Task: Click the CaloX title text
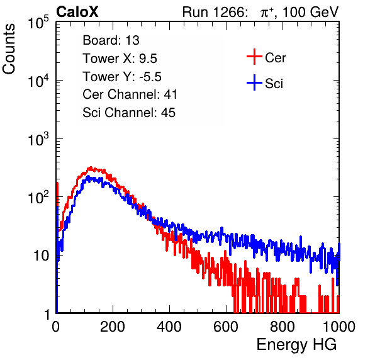(77, 12)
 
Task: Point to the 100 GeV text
(311, 12)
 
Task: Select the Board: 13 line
(111, 40)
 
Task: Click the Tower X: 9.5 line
(120, 59)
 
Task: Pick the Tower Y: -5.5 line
(122, 77)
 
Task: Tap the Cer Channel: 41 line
(130, 94)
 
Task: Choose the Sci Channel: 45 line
(129, 113)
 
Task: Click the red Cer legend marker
(254, 57)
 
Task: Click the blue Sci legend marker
(254, 83)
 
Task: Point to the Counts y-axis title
(9, 49)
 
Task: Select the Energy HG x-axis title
(296, 345)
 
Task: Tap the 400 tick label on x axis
(169, 327)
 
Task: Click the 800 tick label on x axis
(283, 327)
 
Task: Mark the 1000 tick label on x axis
(339, 327)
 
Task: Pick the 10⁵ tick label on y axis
(38, 23)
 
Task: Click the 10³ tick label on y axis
(38, 140)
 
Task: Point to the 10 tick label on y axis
(42, 256)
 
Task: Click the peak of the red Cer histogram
(90, 168)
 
